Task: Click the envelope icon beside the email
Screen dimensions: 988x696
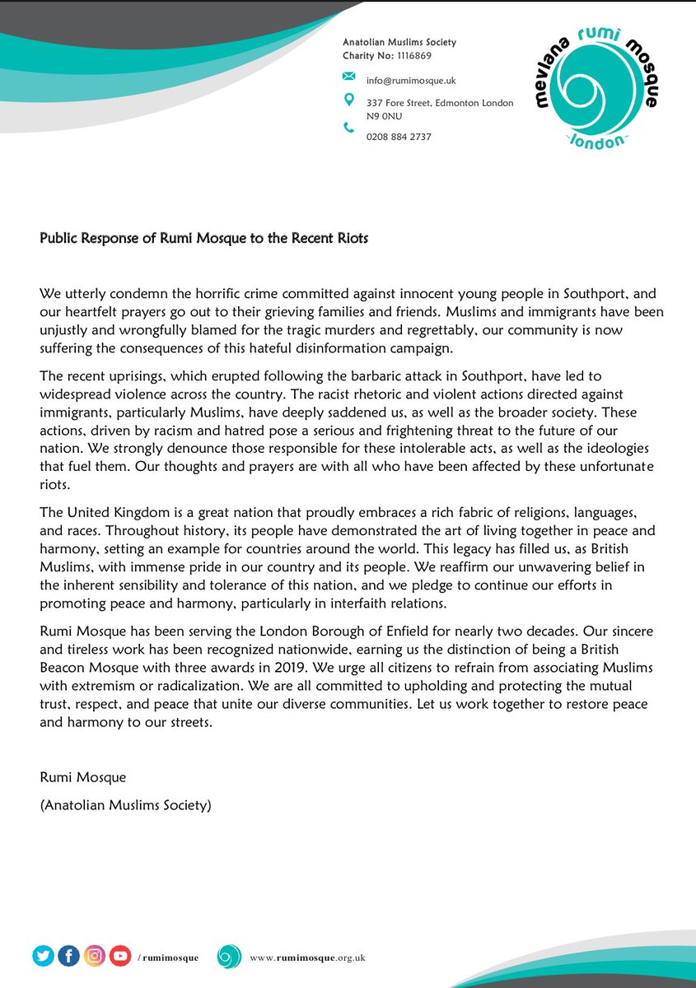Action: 348,77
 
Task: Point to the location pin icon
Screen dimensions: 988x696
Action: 348,100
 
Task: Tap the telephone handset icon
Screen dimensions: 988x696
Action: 348,128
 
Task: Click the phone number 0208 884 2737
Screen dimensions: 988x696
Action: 399,137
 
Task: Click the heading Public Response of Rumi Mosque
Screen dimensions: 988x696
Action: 204,239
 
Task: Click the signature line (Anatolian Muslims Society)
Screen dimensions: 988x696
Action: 125,805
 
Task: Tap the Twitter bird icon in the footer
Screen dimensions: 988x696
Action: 44,956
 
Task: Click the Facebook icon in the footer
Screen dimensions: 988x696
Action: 69,956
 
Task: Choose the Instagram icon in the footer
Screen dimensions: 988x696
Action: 95,956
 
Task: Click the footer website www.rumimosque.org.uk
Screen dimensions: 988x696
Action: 307,958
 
